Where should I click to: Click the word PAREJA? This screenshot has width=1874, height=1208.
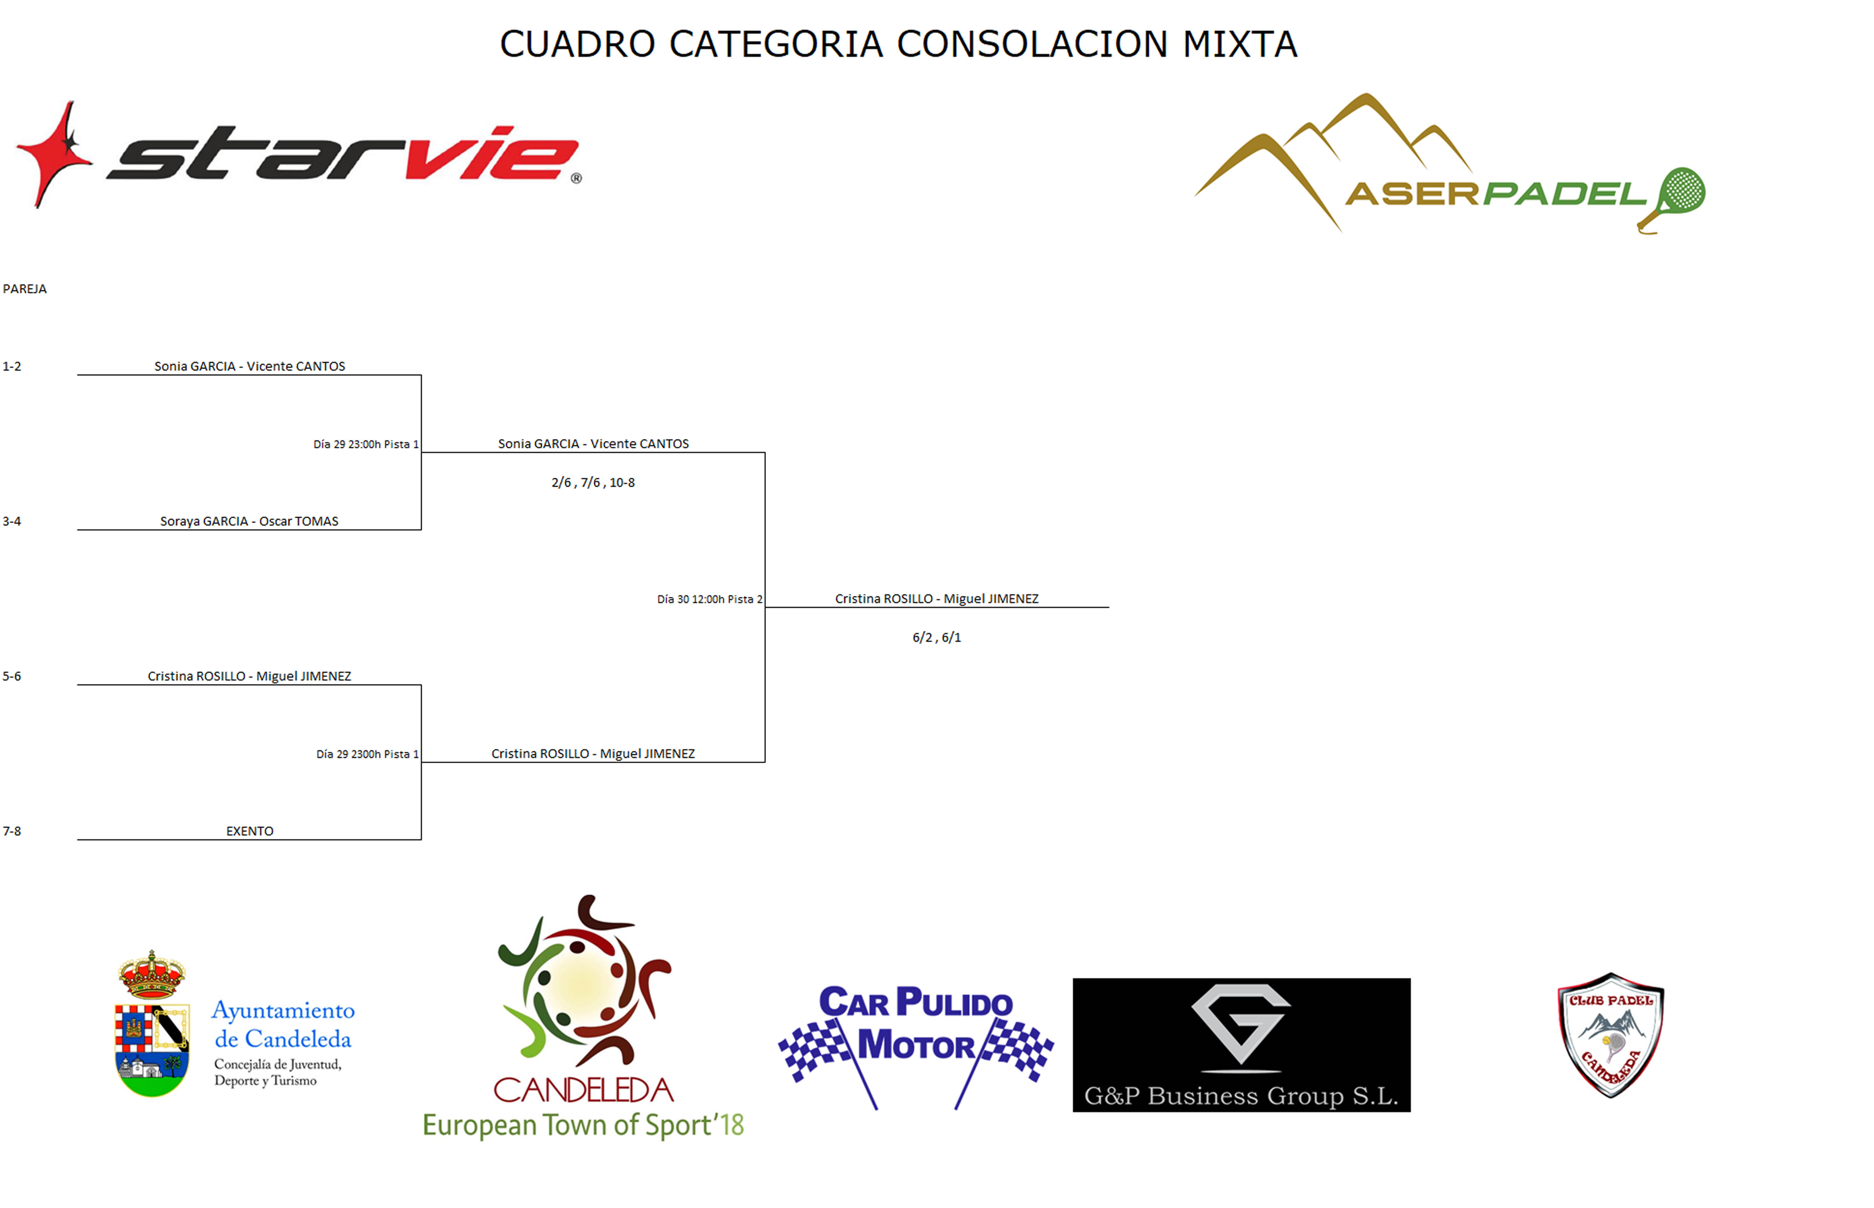click(x=25, y=288)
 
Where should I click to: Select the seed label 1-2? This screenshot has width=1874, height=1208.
click(x=12, y=366)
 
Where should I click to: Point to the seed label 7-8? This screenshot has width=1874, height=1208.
click(x=12, y=831)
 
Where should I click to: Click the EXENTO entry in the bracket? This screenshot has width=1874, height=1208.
click(x=249, y=831)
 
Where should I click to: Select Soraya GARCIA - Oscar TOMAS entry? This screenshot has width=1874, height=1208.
click(x=249, y=521)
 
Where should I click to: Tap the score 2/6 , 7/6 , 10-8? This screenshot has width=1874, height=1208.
click(x=593, y=482)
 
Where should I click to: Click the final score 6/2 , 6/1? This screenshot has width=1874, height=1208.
click(x=936, y=637)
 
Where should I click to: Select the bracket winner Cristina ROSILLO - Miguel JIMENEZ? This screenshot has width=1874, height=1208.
click(x=936, y=599)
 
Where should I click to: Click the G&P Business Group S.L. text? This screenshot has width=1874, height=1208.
click(x=1241, y=1096)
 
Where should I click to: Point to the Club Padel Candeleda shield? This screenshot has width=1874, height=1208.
click(x=1611, y=1035)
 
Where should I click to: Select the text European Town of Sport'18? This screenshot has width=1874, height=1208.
click(x=583, y=1125)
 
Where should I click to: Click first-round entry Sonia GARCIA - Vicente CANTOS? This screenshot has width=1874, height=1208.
click(x=249, y=366)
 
